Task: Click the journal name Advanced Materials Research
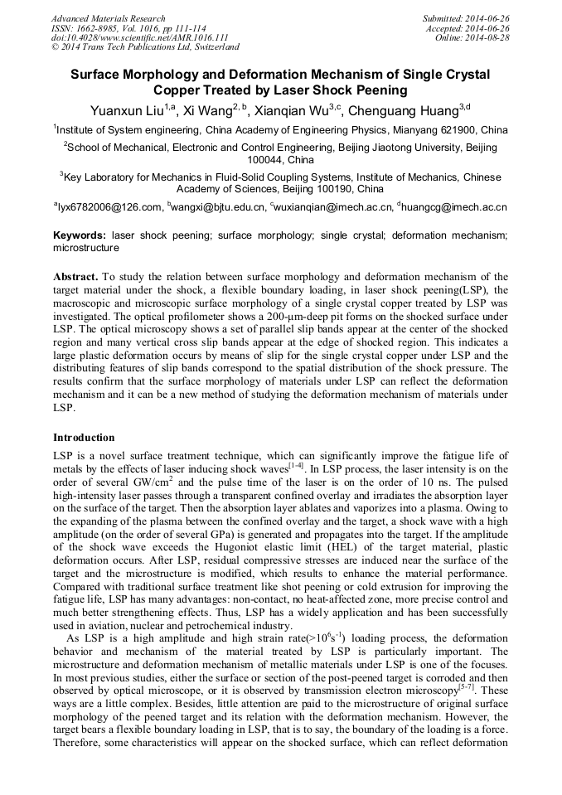point(109,18)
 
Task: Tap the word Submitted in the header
point(446,18)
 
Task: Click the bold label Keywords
point(80,235)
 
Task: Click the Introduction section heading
point(84,437)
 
